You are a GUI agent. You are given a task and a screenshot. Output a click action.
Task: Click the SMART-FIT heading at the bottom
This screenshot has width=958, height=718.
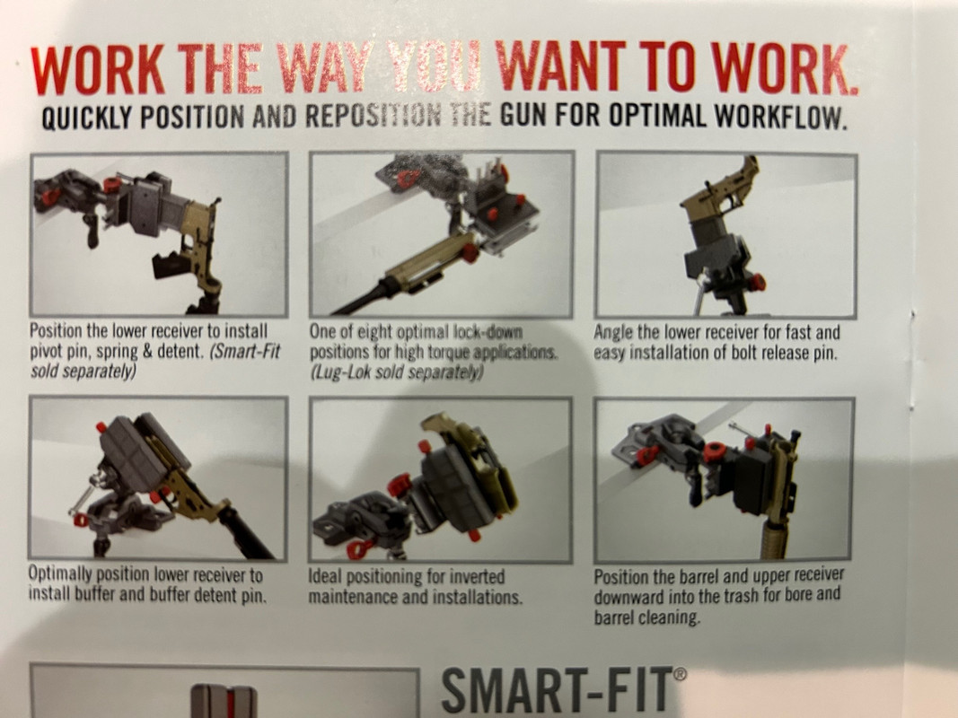(556, 691)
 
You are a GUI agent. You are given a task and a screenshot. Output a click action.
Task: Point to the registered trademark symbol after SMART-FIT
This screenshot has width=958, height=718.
(679, 674)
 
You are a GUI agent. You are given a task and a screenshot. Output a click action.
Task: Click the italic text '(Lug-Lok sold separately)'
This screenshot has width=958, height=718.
(397, 372)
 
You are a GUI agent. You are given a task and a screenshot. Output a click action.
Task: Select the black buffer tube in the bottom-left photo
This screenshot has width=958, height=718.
(248, 531)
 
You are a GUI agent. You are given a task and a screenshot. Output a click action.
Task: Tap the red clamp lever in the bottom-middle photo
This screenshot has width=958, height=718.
(359, 547)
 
